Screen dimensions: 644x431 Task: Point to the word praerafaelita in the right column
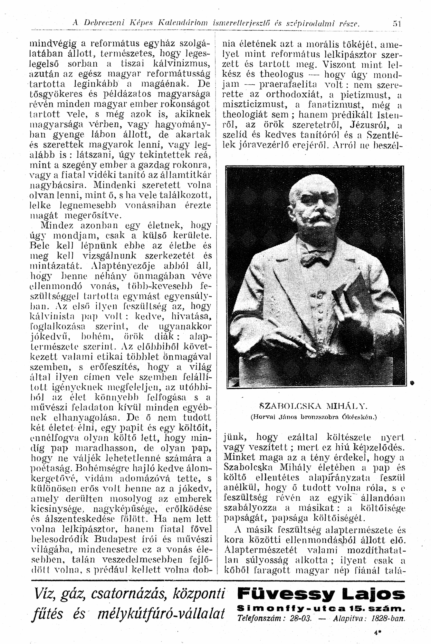[288, 85]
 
